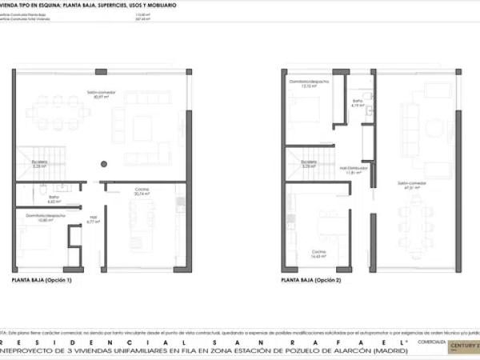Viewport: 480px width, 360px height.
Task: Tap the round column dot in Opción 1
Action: point(103,165)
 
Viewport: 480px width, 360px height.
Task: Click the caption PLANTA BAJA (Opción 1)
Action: point(42,281)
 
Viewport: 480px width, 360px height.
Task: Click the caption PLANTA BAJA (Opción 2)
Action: point(310,281)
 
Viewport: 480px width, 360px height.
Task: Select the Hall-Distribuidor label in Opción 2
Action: point(353,170)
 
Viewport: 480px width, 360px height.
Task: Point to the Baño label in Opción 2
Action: point(358,102)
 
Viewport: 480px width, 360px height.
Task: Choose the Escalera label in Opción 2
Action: point(309,166)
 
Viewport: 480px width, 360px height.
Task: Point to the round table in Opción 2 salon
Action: point(435,128)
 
